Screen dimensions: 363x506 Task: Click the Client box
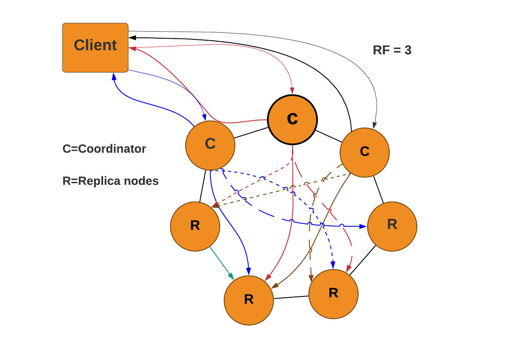tap(95, 48)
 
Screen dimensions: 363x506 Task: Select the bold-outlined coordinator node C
tap(292, 119)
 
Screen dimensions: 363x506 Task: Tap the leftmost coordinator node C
tap(210, 145)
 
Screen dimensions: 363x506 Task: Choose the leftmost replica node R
tap(195, 226)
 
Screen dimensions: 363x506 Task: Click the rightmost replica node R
tap(392, 226)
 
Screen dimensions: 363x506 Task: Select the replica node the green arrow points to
tap(248, 300)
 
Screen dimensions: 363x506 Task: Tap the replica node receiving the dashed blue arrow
tap(333, 294)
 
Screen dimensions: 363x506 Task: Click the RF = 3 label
tap(392, 51)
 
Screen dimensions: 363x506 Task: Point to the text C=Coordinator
tap(104, 149)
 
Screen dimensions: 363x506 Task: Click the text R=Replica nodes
tap(110, 181)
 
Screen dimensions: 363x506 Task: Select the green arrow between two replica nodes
tap(222, 263)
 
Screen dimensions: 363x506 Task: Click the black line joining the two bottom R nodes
tap(291, 297)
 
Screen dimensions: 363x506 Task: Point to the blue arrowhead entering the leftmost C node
tap(204, 118)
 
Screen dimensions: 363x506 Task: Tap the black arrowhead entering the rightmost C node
tap(374, 125)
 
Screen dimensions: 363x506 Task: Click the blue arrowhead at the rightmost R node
tap(363, 226)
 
